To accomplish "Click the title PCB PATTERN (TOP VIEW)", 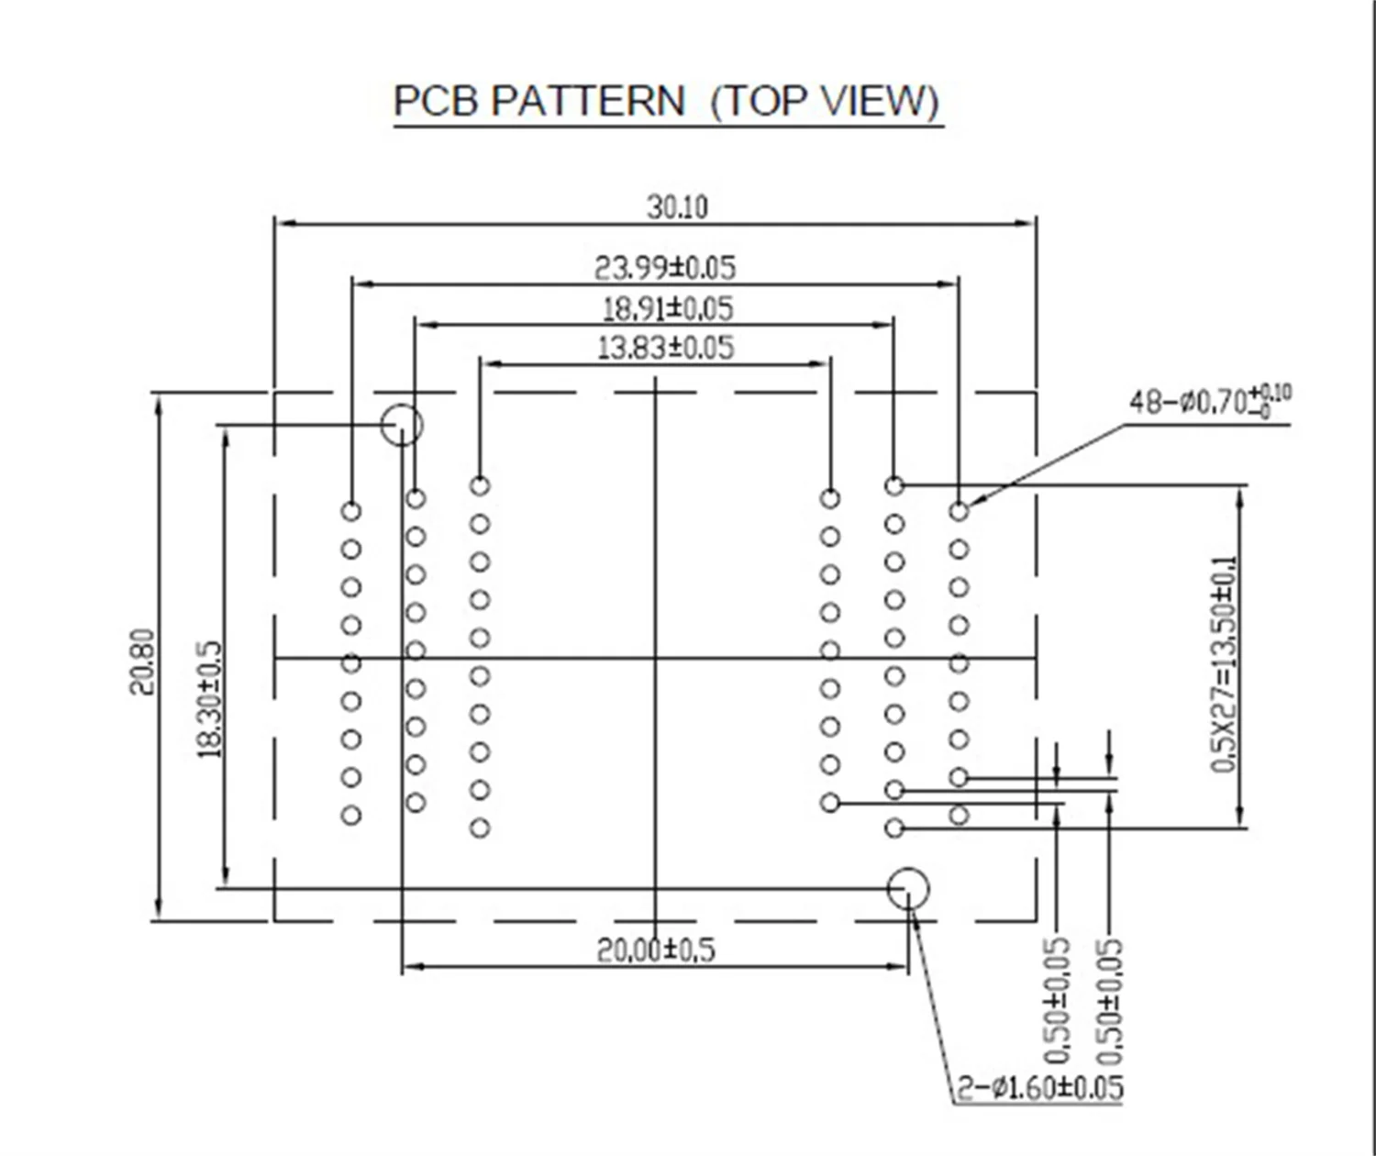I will pos(667,101).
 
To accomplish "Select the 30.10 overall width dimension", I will pos(677,207).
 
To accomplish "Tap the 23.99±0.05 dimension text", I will pos(665,268).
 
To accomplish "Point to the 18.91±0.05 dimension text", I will pos(667,308).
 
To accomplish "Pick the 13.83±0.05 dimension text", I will pos(665,348).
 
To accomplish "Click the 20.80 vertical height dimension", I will pos(141,661).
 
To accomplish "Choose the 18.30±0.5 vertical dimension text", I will pos(210,699).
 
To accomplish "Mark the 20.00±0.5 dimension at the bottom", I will pos(655,950).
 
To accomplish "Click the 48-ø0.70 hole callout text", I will pos(1209,401).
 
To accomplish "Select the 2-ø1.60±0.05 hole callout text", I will pos(1040,1088).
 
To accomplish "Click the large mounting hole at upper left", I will pos(402,425).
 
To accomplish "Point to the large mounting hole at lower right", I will pos(908,888).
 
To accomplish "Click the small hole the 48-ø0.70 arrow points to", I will pos(959,511).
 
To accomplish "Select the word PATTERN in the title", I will pos(588,101).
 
